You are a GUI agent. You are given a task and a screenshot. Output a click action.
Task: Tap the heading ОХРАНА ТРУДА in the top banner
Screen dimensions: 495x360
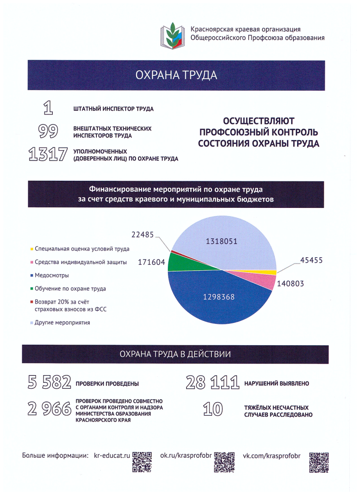click(176, 75)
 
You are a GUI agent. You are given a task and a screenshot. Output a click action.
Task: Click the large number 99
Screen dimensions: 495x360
click(48, 131)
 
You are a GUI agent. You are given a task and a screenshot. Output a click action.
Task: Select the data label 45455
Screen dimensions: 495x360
click(311, 260)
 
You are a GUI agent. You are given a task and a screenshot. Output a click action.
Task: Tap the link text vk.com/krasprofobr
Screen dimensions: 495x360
click(271, 455)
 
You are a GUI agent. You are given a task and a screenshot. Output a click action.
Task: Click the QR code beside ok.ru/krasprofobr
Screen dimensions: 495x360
click(224, 462)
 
